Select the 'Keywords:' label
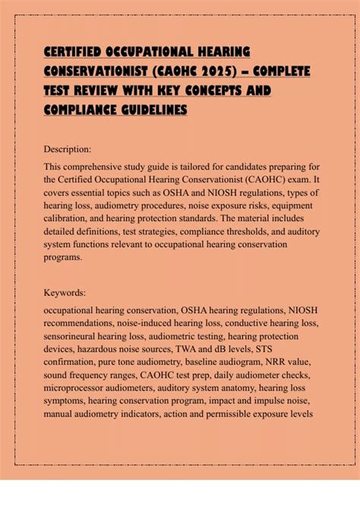[66, 291]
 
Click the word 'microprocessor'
[79, 406]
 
